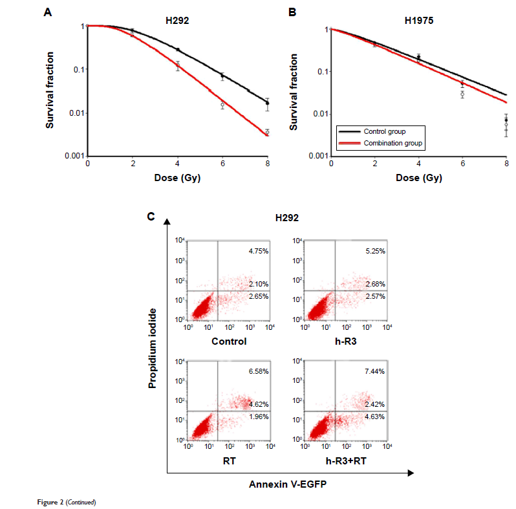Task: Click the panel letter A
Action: pos(47,12)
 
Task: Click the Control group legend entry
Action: pos(385,131)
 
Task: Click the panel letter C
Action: pos(151,216)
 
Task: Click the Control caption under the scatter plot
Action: pos(229,341)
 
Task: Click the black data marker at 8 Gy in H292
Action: pos(268,103)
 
